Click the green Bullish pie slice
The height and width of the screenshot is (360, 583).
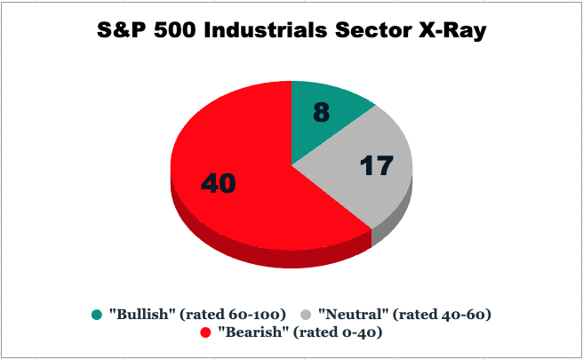click(x=323, y=119)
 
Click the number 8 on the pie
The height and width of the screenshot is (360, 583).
click(x=321, y=112)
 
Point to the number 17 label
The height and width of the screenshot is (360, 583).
click(x=377, y=165)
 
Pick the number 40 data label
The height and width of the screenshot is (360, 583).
click(x=219, y=183)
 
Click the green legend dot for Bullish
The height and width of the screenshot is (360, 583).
click(x=97, y=315)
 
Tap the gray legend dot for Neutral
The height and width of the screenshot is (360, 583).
click(x=306, y=315)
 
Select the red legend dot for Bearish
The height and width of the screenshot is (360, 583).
click(x=205, y=332)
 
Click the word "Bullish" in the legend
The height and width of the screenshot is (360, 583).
click(x=142, y=315)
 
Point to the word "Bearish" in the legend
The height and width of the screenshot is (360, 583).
click(x=252, y=332)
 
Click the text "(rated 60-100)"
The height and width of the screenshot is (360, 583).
click(x=233, y=315)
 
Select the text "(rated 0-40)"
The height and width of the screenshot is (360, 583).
click(x=338, y=332)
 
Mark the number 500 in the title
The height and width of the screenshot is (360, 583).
click(x=175, y=29)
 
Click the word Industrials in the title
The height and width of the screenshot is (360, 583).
click(x=266, y=29)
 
